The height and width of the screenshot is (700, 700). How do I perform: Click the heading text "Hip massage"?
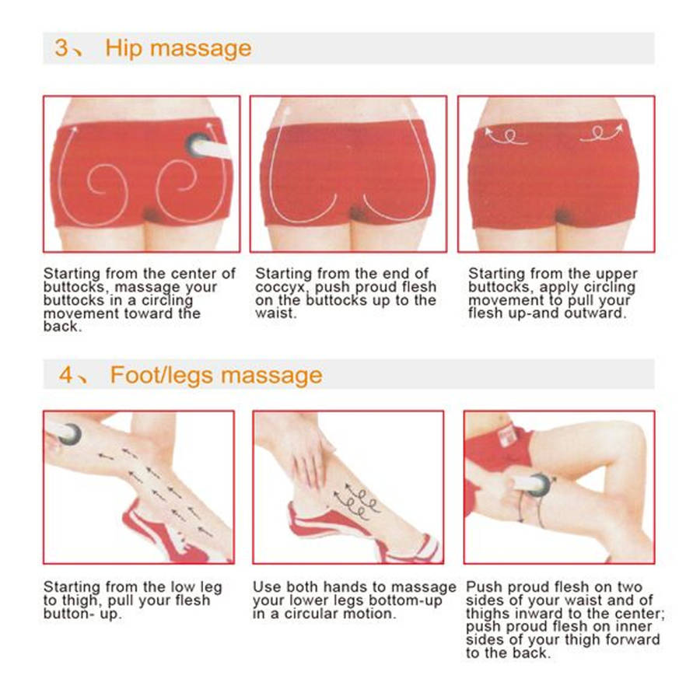(178, 49)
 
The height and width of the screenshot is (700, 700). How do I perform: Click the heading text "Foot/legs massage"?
(216, 375)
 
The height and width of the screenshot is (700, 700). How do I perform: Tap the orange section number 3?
(61, 47)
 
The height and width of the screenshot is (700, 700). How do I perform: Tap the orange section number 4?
(65, 375)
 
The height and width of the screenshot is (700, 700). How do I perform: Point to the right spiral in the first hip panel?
(176, 182)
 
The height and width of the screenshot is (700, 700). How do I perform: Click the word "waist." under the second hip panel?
(275, 313)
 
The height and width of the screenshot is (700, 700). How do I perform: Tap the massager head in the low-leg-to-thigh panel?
(70, 434)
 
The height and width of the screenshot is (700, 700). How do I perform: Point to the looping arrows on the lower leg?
(356, 501)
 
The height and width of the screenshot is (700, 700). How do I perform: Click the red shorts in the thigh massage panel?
(496, 451)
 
